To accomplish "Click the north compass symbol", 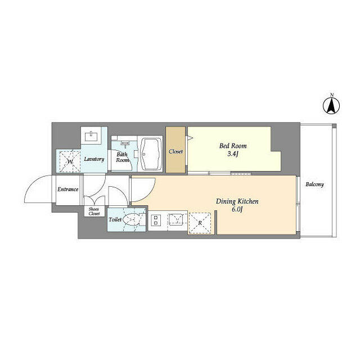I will click(x=332, y=105).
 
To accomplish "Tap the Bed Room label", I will click(x=233, y=146).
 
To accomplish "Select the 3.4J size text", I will click(x=233, y=154).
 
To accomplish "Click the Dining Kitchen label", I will click(x=237, y=201).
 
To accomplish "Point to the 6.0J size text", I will click(x=237, y=210).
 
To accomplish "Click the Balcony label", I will click(x=314, y=184).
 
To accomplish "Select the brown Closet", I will click(x=175, y=151).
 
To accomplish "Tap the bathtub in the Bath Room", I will click(x=150, y=154).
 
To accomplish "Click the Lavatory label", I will click(x=94, y=159).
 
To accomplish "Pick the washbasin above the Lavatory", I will click(x=91, y=136).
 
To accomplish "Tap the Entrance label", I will click(x=67, y=189).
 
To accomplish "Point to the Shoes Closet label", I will click(x=93, y=211).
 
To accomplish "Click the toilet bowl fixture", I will click(x=134, y=220).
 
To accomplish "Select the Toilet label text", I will click(x=115, y=220).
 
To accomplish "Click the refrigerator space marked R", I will click(x=200, y=222).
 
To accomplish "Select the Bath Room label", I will click(x=122, y=157).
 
